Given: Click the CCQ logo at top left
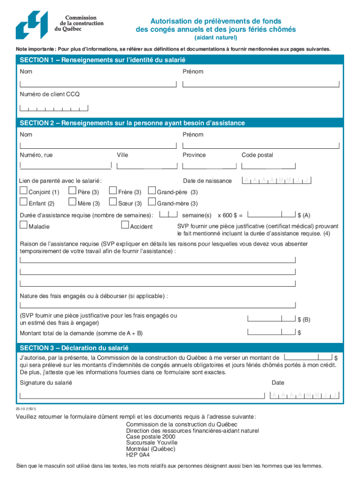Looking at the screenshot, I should [31, 25].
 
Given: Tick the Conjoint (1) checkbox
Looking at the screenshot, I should [23, 190].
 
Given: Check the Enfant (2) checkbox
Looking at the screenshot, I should [23, 202].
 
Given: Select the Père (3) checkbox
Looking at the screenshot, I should [72, 190].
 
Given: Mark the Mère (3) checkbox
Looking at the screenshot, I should [72, 202].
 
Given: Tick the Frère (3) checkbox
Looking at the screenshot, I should [113, 190].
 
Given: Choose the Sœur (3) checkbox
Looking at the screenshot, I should [113, 202].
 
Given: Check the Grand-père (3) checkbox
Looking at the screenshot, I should [151, 190].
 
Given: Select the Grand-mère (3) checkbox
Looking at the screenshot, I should [151, 202].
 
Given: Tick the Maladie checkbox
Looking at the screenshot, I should [23, 225].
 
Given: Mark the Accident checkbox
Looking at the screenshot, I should [125, 225].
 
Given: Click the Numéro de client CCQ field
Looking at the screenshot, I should [54, 108].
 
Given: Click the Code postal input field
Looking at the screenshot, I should [269, 165].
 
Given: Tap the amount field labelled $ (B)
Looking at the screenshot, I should [271, 319].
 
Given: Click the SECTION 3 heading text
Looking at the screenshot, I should [74, 348].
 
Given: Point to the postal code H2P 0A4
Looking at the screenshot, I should [138, 454].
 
